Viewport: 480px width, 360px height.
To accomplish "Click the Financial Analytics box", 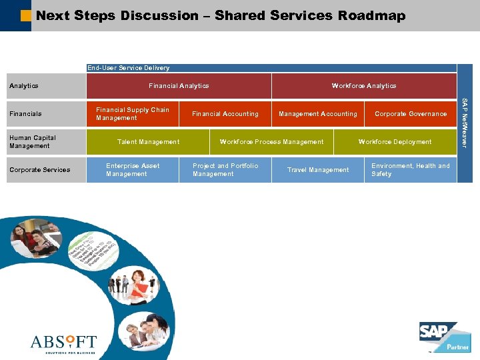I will tap(179, 86).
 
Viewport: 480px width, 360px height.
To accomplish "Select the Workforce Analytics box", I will tap(364, 86).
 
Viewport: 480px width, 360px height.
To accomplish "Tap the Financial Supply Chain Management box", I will tap(133, 114).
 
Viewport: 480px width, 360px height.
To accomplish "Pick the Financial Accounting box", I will tap(225, 114).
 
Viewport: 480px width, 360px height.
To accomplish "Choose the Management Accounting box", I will tap(318, 114).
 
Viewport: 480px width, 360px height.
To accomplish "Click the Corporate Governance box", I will tap(411, 114).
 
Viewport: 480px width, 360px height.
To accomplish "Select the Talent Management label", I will tap(148, 142).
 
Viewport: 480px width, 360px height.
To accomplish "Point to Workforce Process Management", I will tap(271, 142).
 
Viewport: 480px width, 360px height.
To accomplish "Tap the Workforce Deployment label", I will tap(395, 142).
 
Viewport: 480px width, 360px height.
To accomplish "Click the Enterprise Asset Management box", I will tap(133, 170).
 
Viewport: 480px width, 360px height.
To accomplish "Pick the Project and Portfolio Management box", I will tap(225, 170).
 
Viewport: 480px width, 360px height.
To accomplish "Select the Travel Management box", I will tap(318, 170).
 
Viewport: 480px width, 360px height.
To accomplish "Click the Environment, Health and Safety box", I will tap(411, 170).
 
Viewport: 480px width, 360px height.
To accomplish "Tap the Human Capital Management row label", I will tap(33, 142).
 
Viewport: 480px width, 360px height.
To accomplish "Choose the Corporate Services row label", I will tap(39, 170).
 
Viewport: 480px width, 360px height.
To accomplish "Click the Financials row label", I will tap(25, 114).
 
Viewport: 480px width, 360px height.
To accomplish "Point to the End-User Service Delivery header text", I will tap(129, 68).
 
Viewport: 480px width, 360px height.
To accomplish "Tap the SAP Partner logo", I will tap(444, 337).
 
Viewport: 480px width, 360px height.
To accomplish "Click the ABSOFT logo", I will tap(63, 343).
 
